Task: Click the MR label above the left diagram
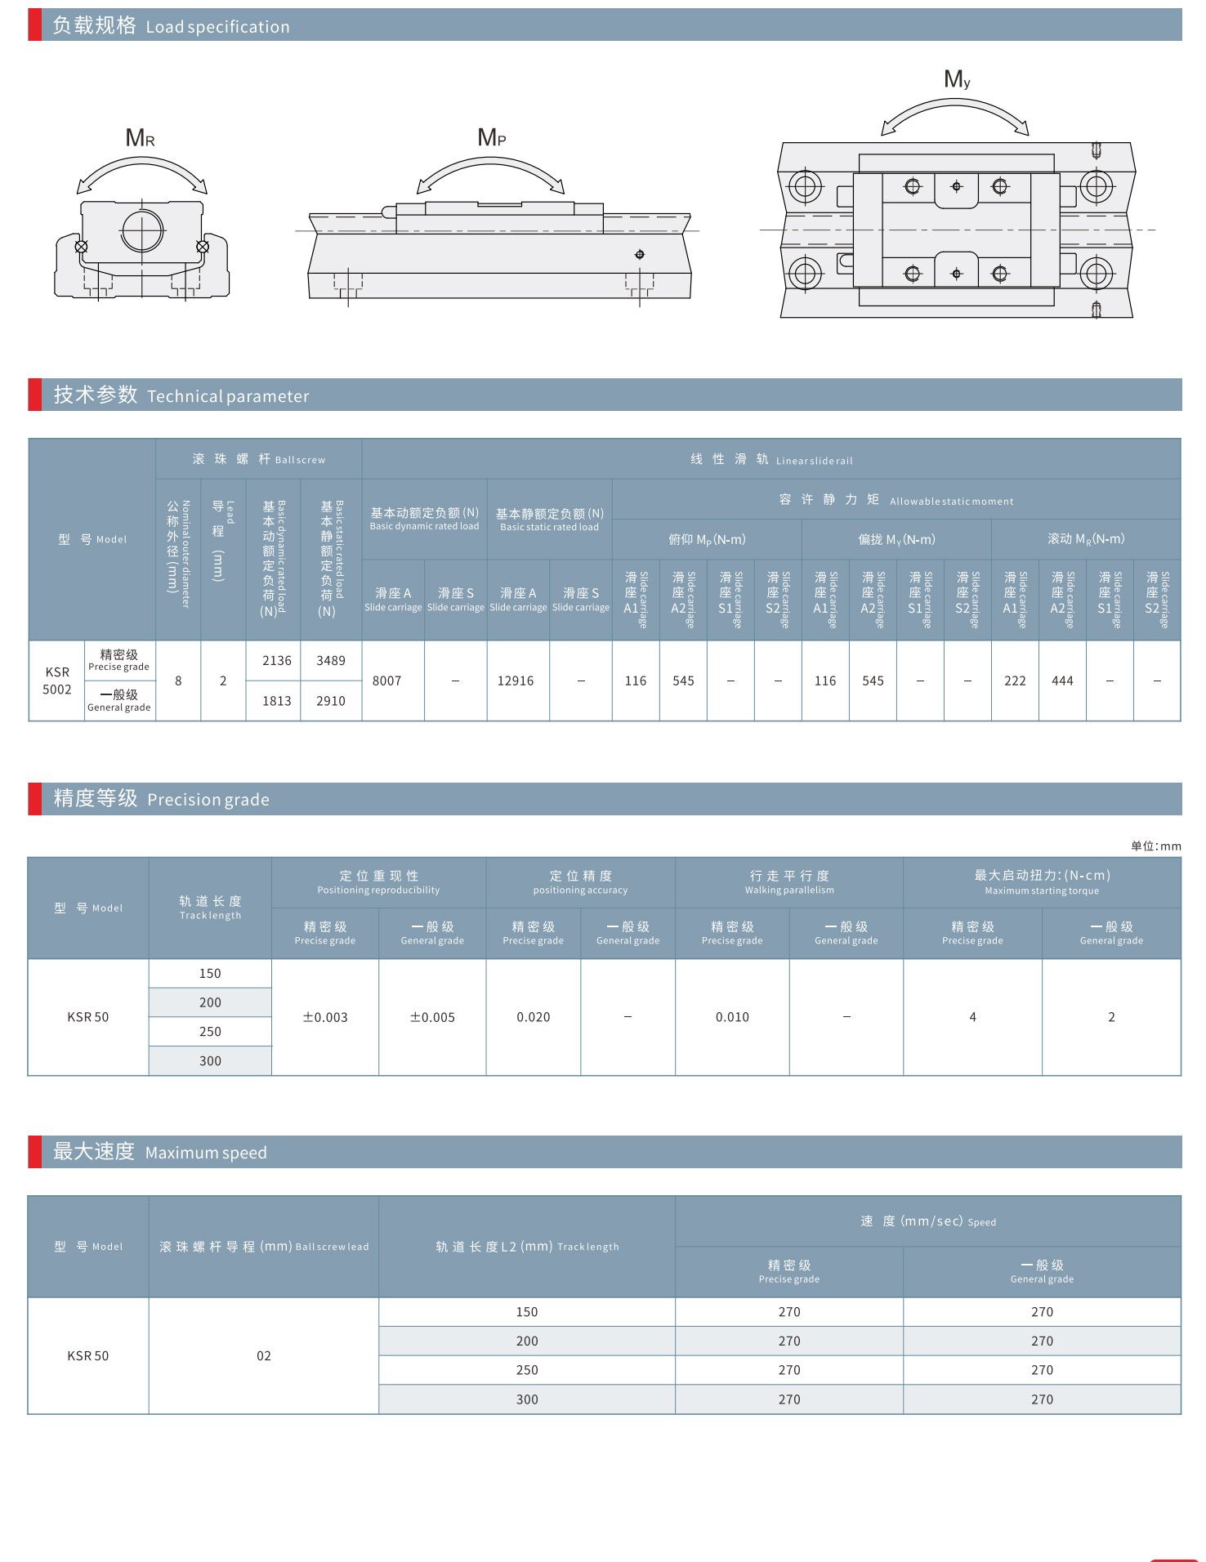click(140, 138)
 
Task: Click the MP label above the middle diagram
click(492, 137)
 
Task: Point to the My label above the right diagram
click(957, 79)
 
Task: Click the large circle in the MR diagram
click(142, 231)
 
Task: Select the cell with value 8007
click(393, 681)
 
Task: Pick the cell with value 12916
click(518, 681)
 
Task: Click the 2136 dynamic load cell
click(276, 660)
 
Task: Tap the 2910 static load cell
click(331, 701)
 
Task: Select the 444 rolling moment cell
click(1062, 681)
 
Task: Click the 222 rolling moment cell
click(1015, 681)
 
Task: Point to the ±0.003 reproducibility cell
click(325, 1017)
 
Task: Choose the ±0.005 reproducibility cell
click(432, 1017)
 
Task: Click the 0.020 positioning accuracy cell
click(534, 1017)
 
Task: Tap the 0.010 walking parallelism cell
click(732, 1017)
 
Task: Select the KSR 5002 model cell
click(57, 681)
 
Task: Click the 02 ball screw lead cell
click(264, 1355)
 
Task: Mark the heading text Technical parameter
click(228, 396)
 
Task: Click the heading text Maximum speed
click(206, 1153)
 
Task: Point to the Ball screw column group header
click(259, 459)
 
